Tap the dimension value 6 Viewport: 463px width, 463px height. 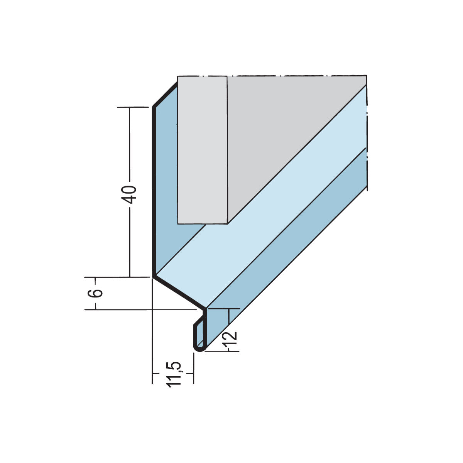[97, 293]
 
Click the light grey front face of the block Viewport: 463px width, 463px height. [202, 150]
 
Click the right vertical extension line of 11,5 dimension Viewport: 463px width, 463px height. [193, 370]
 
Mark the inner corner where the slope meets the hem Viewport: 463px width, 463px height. [205, 309]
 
